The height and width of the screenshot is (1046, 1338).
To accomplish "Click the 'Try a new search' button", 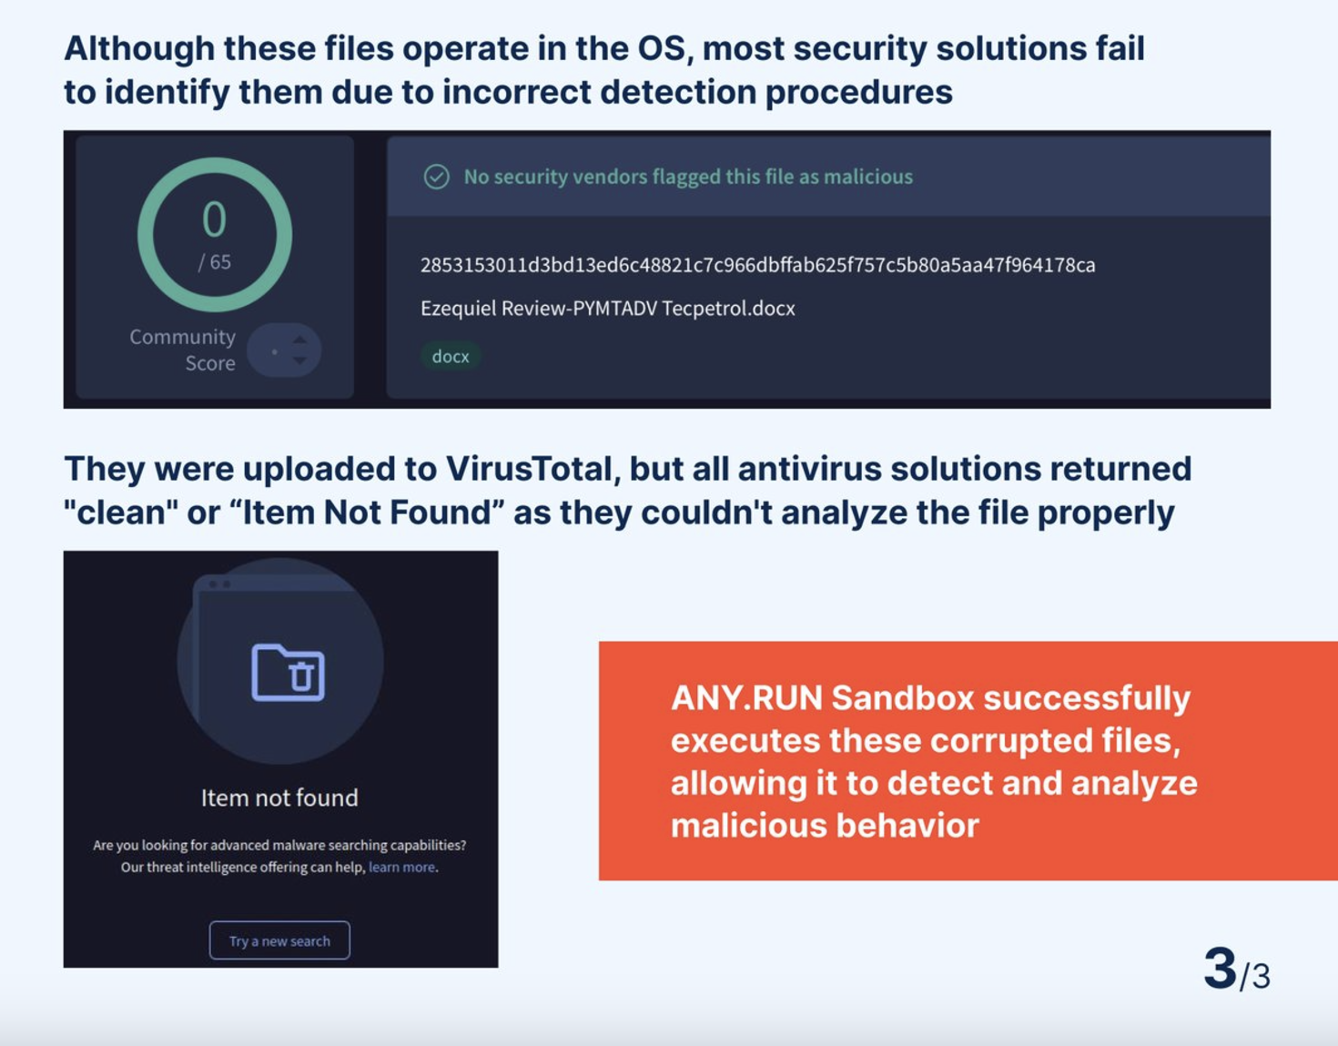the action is click(279, 940).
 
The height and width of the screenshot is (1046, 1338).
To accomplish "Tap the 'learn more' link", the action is click(402, 867).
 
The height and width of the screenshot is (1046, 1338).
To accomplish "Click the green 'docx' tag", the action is click(451, 356).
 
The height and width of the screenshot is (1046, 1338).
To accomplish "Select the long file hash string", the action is click(758, 265).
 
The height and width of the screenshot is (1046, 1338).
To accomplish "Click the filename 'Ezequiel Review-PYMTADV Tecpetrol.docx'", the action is click(608, 308).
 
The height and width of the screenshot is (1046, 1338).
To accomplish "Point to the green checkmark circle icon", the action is click(437, 177).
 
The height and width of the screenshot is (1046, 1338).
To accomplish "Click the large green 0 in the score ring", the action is click(214, 219).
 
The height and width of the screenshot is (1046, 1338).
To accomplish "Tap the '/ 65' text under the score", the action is click(214, 262).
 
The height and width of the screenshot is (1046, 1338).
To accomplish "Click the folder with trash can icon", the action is click(289, 672).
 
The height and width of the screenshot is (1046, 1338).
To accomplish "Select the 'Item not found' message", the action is click(279, 797).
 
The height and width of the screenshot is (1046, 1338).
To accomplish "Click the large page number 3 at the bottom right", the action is click(1221, 969).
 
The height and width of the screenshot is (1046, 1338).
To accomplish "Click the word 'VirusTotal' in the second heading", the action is click(529, 469).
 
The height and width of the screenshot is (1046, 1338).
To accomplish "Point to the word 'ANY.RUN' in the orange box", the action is click(747, 698).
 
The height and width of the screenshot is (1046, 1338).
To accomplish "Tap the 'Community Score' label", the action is click(183, 350).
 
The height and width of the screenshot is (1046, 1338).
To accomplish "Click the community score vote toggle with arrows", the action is click(284, 350).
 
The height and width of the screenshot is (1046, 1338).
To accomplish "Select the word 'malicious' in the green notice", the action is click(868, 177).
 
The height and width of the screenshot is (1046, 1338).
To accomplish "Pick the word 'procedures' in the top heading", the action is click(859, 92).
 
